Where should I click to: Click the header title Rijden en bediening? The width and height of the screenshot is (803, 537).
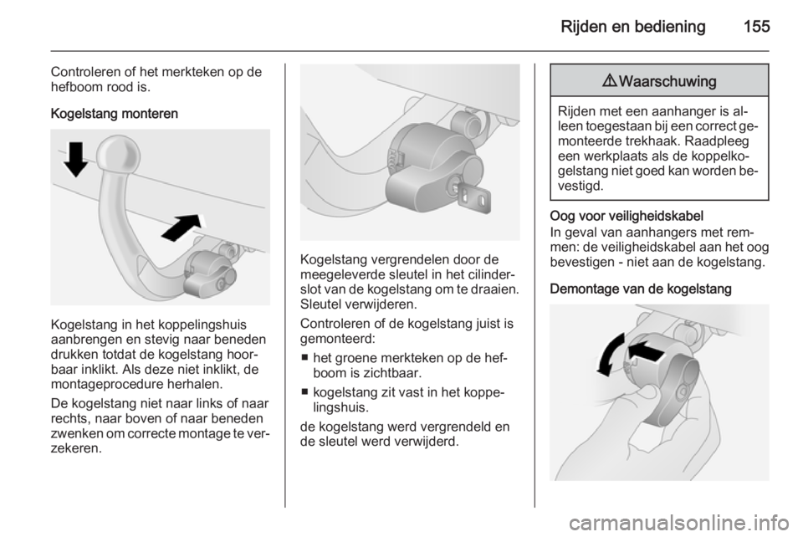(x=633, y=27)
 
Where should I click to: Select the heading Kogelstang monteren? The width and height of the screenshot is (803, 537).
(x=115, y=114)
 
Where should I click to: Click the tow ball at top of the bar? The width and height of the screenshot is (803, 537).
(x=118, y=152)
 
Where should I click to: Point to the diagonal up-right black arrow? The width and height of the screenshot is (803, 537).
(x=182, y=227)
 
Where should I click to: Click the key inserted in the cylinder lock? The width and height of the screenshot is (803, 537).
(x=473, y=198)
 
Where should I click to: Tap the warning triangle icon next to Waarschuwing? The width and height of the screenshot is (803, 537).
(x=610, y=81)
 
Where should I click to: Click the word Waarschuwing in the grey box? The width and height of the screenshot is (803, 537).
(x=667, y=81)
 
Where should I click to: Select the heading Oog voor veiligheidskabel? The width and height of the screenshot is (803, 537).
(x=627, y=216)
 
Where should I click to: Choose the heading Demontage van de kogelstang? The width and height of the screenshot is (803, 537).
(x=641, y=289)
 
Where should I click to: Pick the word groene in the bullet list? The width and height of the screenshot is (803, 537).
(x=357, y=358)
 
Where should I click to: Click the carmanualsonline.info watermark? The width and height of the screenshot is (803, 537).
(x=679, y=522)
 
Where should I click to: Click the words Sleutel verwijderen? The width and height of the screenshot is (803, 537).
(x=359, y=304)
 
